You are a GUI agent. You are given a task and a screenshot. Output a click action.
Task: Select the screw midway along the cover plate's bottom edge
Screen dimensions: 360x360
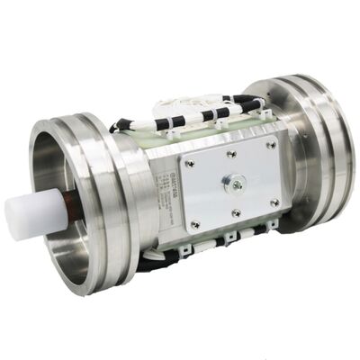click(x=236, y=214)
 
